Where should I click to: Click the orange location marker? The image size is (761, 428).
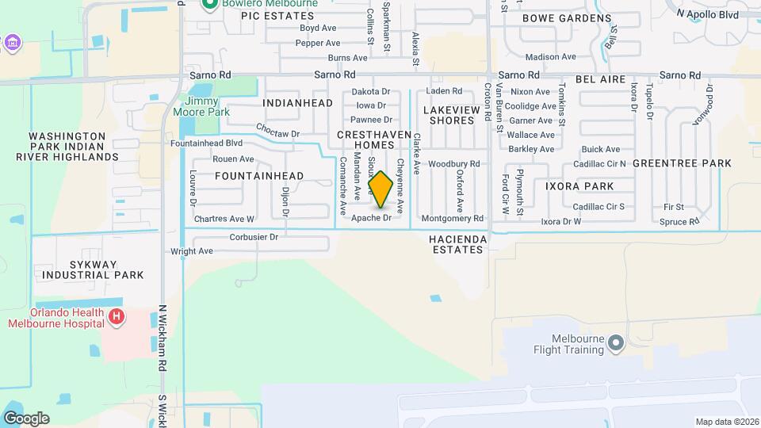click(380, 189)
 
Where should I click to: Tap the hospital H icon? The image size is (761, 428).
click(117, 318)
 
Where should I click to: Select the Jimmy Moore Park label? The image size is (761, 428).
click(207, 107)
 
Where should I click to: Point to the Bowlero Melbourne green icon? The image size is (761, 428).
click(210, 4)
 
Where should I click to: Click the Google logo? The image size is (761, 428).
click(26, 418)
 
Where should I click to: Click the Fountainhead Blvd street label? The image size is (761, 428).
click(206, 143)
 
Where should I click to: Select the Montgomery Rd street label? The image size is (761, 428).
click(453, 218)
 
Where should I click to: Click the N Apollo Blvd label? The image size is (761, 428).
click(708, 14)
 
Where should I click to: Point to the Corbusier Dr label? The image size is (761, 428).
click(254, 236)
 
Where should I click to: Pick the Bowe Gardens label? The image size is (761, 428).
click(567, 17)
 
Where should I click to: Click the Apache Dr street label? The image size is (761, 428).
click(372, 217)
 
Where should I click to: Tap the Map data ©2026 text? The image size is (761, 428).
click(726, 422)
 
